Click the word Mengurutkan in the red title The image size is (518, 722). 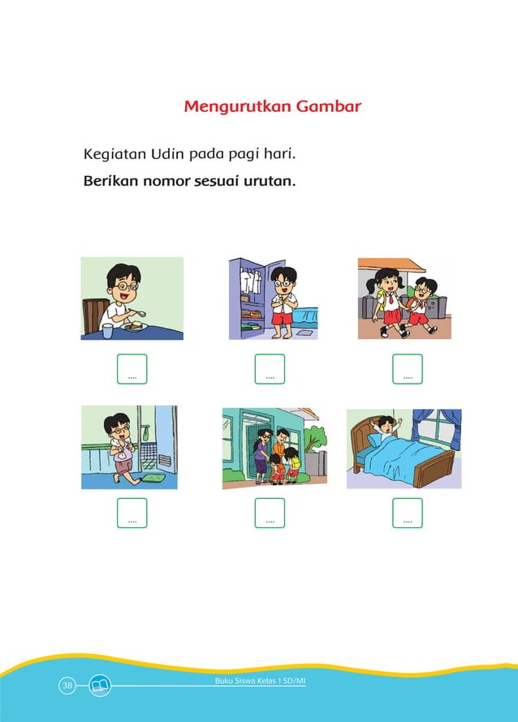231,106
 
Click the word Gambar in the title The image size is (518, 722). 321,106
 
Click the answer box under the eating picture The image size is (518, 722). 132,368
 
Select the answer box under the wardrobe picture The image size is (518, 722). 270,368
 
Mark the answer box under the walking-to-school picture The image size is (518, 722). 408,368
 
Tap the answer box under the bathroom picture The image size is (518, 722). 132,513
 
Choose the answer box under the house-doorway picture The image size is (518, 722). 270,513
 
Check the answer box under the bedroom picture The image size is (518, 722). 408,513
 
